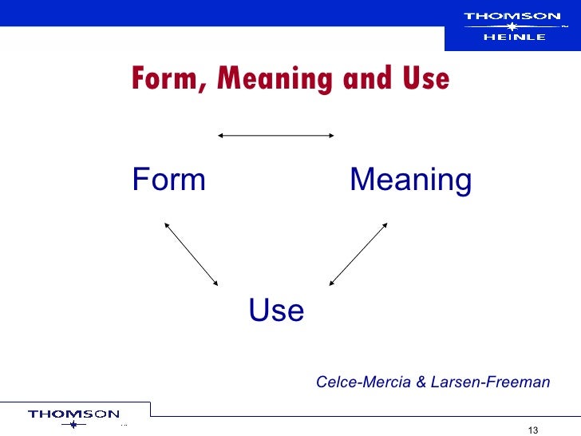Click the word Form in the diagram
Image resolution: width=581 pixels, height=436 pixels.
pos(169,180)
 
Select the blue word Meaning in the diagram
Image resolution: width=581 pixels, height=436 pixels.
pos(410,181)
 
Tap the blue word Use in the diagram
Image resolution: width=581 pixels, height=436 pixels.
pos(276,311)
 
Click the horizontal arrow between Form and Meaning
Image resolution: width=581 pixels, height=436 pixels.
pos(275,136)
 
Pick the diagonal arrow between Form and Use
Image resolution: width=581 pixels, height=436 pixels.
pos(191,253)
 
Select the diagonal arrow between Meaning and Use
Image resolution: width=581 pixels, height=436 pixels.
pos(358,253)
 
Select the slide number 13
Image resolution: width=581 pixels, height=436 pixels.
pos(535,423)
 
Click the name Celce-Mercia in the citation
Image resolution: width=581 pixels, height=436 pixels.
pos(363,382)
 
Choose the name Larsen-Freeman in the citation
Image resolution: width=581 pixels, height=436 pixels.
pos(490,382)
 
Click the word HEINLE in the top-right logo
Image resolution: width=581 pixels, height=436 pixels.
pos(513,36)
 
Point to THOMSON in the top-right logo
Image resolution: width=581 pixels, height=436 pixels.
pos(512,15)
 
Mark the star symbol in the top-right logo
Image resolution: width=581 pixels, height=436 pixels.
pos(513,26)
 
